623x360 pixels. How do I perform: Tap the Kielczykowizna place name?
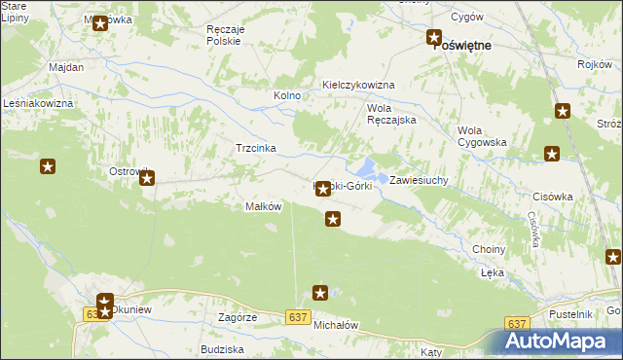click(358, 85)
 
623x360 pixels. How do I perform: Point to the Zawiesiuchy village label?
click(419, 181)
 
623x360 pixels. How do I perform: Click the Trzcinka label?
click(256, 148)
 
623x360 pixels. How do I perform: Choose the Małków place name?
click(263, 206)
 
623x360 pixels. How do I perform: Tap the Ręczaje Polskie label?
click(232, 35)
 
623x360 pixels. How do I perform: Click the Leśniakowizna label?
click(39, 102)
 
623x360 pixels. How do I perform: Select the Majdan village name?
click(66, 67)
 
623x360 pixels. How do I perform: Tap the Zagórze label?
click(238, 317)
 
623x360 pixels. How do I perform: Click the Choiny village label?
click(489, 249)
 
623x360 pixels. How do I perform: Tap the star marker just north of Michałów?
click(320, 292)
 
